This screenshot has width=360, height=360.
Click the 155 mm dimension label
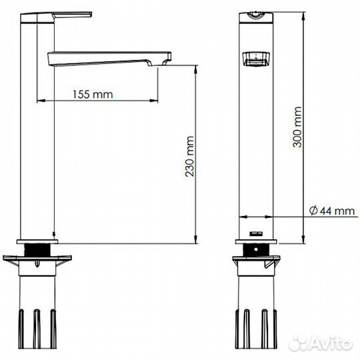[x=93, y=95]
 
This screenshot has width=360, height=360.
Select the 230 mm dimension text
[x=190, y=157]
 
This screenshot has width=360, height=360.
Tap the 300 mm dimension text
[x=297, y=127]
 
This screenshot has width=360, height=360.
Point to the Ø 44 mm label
[x=332, y=211]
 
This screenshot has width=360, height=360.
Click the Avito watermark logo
[x=321, y=344]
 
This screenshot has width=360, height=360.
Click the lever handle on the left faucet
[x=56, y=17]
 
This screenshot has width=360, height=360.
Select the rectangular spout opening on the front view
[x=256, y=59]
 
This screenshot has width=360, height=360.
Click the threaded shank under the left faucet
[x=37, y=250]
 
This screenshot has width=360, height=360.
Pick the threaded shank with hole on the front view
[x=256, y=250]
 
